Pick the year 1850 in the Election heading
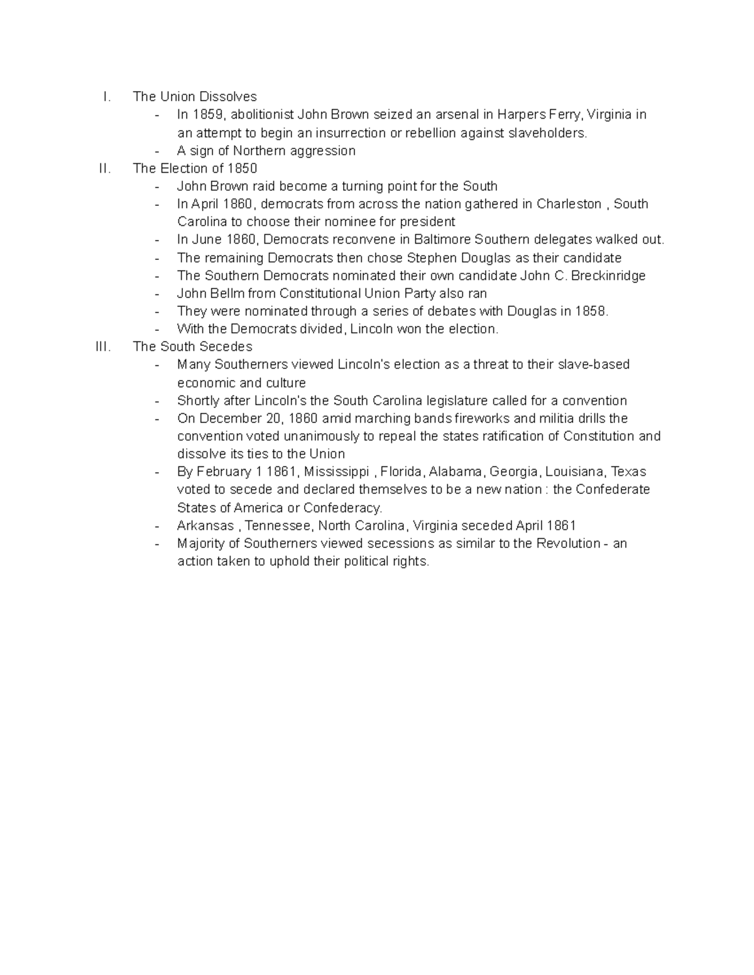pyautogui.click(x=243, y=168)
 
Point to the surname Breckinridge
pyautogui.click(x=608, y=276)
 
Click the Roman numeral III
pyautogui.click(x=103, y=347)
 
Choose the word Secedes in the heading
pyautogui.click(x=226, y=347)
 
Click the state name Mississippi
pyautogui.click(x=336, y=472)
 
